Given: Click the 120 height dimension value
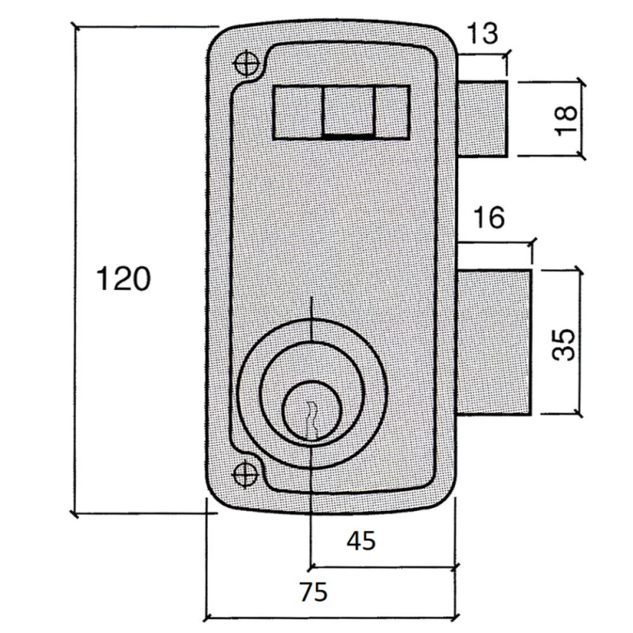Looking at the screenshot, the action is point(124,279).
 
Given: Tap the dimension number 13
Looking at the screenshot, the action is point(482,33).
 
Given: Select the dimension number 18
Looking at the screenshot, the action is point(565,120).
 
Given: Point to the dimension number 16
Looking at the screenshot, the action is point(489,218).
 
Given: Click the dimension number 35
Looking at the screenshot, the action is point(563,344).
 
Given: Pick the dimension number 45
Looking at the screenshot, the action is point(361,541).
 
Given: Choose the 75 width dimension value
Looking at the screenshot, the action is point(314,593).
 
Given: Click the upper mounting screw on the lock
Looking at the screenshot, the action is point(246,63).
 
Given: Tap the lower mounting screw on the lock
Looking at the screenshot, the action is point(245,475).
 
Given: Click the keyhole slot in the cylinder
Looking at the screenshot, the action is point(312,420).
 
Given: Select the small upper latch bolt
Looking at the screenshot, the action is point(482,119).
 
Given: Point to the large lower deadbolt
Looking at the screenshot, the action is point(495,342).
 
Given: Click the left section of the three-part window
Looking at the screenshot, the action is point(298,113).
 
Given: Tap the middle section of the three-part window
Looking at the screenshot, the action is point(349,113).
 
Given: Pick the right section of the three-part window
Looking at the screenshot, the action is point(392,113).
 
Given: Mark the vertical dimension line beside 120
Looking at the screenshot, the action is point(75,270).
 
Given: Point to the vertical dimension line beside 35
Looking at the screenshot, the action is point(581,342).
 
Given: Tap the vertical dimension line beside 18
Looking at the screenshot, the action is point(583,119).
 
